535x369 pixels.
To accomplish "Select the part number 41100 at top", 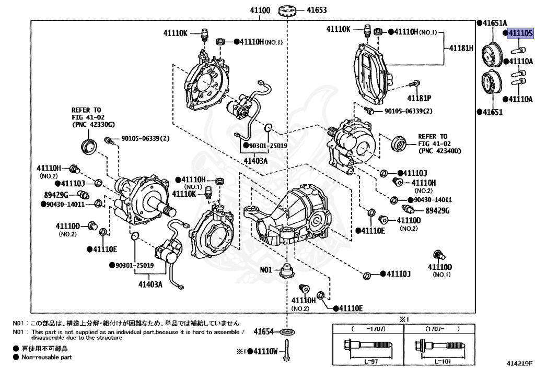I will point(260,10).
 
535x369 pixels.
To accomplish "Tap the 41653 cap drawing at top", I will point(287,10).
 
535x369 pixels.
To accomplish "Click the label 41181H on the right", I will point(461,48).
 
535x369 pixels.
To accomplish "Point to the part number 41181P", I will point(419,98).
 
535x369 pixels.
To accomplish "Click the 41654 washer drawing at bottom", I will point(286,331).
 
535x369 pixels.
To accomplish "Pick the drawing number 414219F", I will point(518,362).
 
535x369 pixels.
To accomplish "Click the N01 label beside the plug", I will point(266,270).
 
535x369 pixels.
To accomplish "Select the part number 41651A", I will point(494,23).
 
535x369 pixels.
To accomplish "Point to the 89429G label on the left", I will point(56,195).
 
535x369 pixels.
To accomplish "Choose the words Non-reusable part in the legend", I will point(46,358).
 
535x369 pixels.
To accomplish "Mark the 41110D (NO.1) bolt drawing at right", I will point(438,256).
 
